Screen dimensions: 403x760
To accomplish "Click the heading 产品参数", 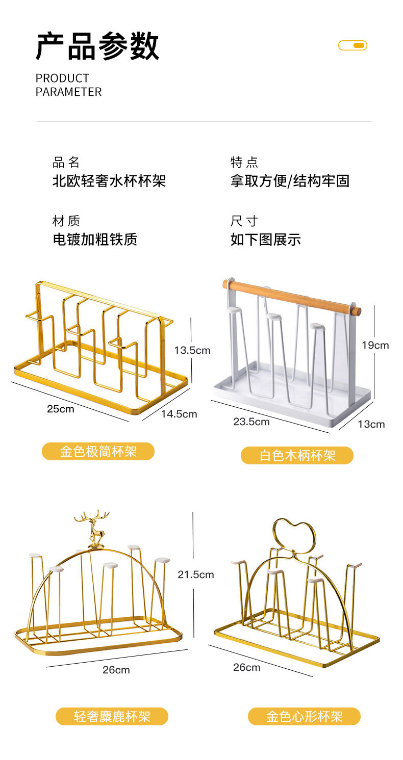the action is pos(97,46).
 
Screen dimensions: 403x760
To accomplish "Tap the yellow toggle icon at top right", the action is pos(352,45).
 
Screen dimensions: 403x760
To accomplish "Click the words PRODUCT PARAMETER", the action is pos(68,85).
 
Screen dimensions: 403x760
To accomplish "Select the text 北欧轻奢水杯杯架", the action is pos(109,181).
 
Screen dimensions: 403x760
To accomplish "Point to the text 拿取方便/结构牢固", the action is pos(290,181).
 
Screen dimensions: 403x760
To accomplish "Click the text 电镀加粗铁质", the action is pos(95,240).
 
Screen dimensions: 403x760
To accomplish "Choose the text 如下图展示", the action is pos(265,240).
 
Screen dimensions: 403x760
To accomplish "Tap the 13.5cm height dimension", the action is pos(192,350).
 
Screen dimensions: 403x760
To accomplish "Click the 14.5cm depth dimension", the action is pos(179,414).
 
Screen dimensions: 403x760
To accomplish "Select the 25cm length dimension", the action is pos(60,409).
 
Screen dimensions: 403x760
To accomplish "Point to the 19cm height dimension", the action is pos(375,346).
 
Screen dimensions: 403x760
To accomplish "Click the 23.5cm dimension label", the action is pos(251,422).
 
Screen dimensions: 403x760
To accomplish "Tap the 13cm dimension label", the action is pos(371,424).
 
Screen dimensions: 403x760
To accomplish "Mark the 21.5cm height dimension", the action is pos(195,574).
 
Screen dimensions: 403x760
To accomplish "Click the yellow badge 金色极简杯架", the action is pos(98,451).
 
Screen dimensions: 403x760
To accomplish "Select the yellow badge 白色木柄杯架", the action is pos(297,455).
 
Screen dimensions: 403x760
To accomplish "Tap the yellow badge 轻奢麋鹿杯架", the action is pos(112,716).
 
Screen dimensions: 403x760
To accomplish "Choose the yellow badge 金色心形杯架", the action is pos(304,716).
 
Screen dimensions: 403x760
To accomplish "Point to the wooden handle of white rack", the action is pos(292,297).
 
